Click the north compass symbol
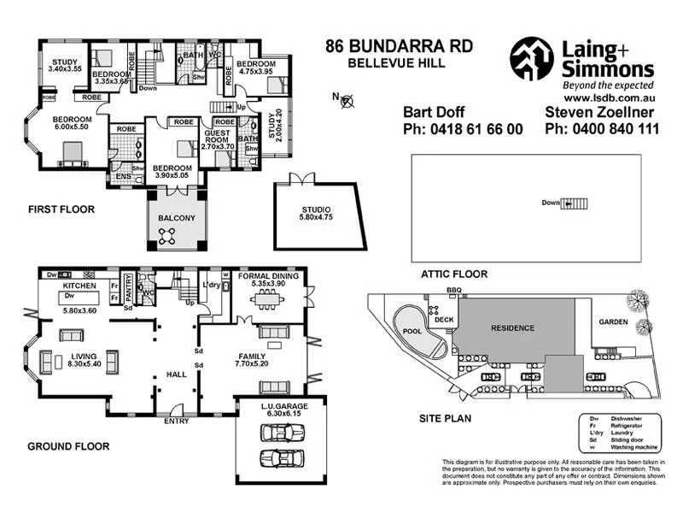point(347,103)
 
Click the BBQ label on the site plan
point(453,292)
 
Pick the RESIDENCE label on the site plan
point(512,327)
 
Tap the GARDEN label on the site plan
point(612,322)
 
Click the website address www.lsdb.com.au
point(607,100)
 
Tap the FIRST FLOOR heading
point(61,209)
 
